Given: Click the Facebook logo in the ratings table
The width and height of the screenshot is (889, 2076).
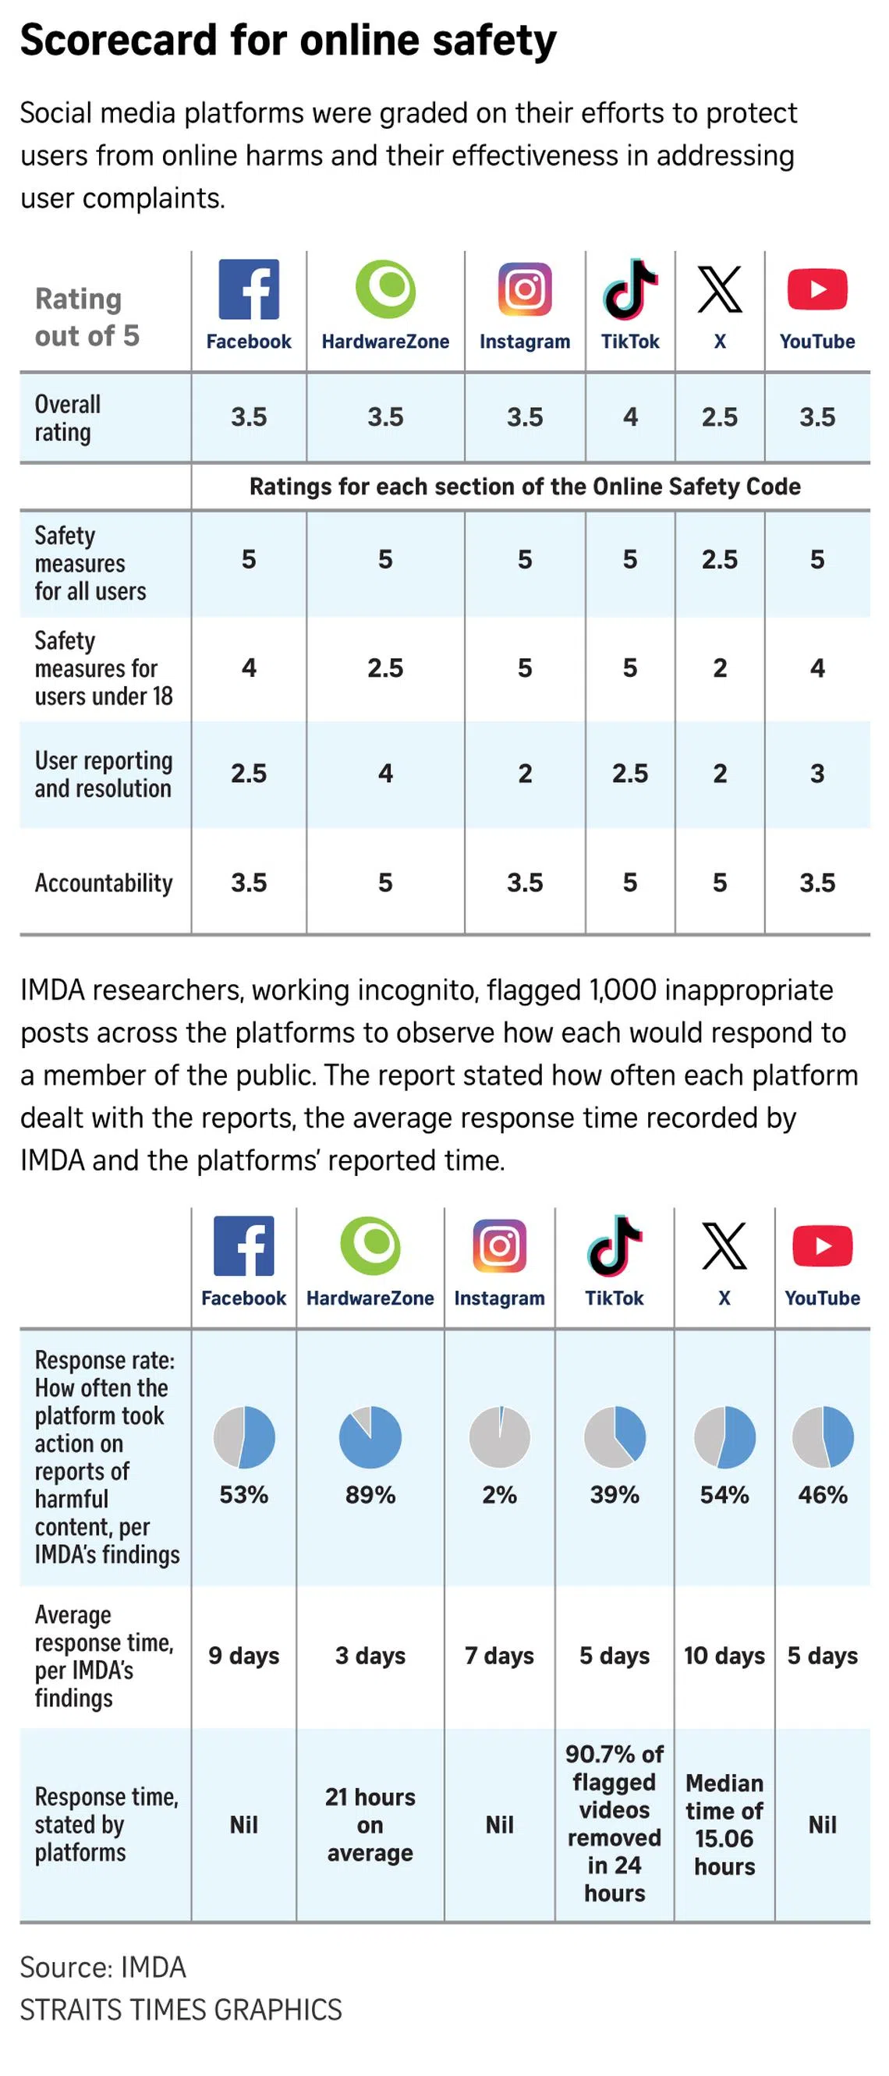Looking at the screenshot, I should point(248,289).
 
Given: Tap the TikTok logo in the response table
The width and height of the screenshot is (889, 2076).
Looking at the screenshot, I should point(615,1246).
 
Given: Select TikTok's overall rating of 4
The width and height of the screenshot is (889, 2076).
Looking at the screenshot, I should point(630,416).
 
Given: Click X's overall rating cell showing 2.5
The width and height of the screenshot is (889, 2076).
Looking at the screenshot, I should point(720,416).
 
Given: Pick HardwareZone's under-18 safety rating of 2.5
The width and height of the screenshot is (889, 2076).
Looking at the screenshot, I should point(385,668).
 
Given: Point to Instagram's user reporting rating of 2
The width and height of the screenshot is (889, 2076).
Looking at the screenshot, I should point(525,774).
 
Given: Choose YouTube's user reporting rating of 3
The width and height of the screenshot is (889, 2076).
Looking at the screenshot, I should point(817,774).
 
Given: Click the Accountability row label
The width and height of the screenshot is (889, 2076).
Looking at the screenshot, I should point(103,884).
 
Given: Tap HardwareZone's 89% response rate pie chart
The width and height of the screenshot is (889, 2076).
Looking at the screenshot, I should point(370,1437).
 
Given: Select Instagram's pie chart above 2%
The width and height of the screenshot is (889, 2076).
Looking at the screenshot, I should point(500,1437).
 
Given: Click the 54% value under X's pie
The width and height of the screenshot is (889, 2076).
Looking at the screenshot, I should point(724,1495).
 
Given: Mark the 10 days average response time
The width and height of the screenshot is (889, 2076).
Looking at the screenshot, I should point(724,1656).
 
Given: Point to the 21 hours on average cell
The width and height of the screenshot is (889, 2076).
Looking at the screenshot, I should point(370,1825).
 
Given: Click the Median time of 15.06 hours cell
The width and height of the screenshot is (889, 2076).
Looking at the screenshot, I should point(724,1825).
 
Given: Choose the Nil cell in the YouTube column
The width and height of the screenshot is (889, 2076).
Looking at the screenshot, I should point(822,1825).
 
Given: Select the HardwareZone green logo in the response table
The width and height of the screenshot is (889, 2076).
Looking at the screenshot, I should point(370,1246).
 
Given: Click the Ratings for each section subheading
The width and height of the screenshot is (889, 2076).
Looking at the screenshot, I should point(525,487).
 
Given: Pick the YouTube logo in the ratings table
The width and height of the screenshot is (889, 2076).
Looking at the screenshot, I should point(817,289).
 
